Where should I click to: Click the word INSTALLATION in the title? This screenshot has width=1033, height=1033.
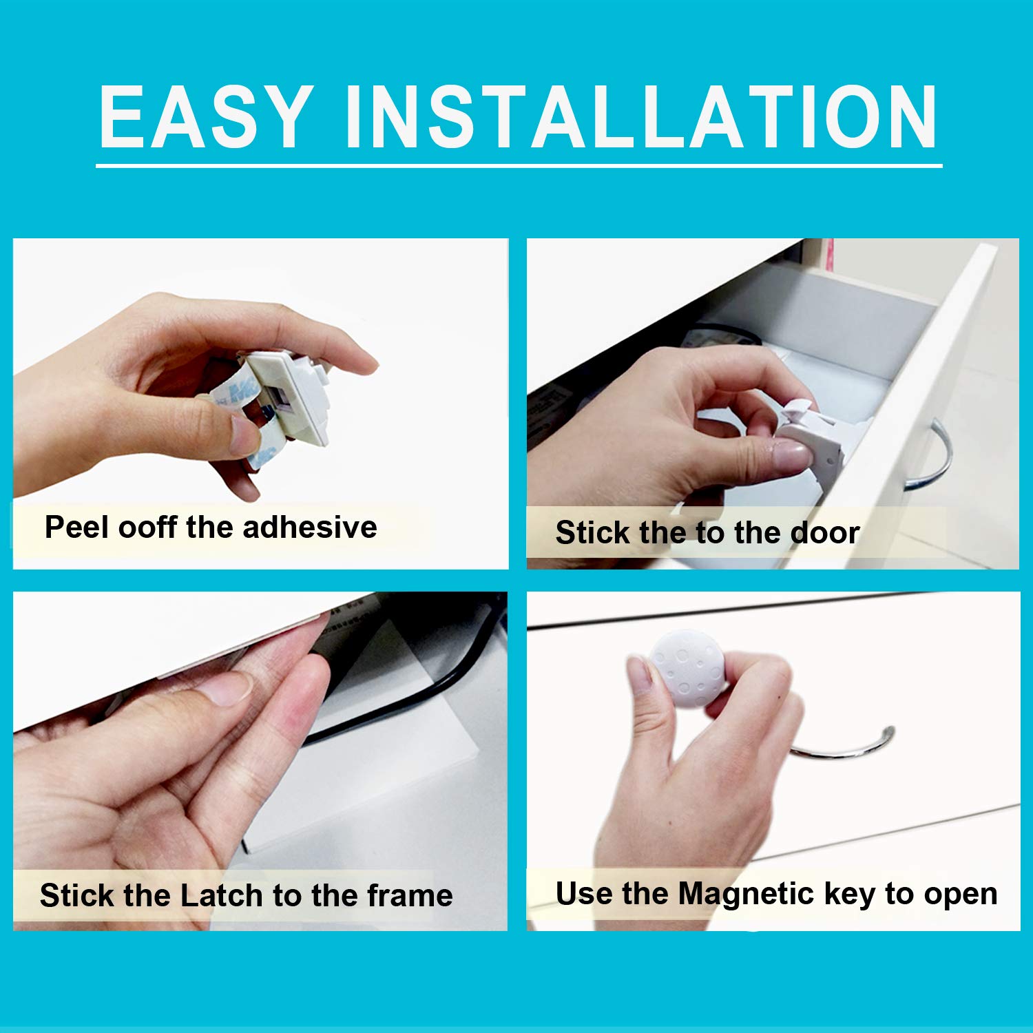[640, 116]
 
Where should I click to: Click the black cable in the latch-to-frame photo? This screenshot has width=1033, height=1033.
[413, 689]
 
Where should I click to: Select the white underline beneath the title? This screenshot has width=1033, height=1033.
[519, 165]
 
